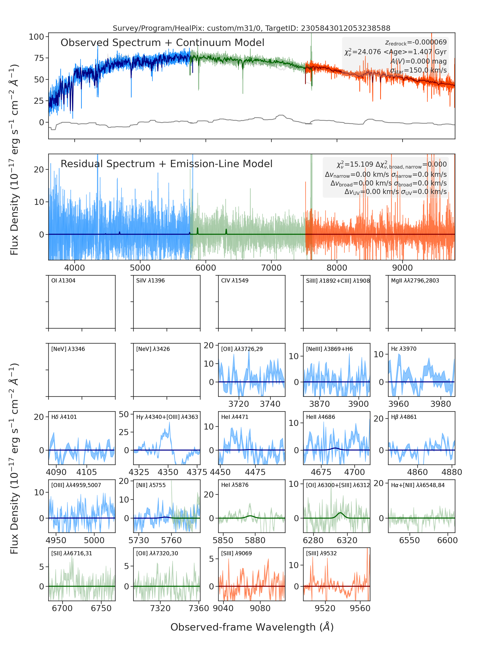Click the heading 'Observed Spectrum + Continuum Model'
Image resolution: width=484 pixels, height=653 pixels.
click(x=162, y=43)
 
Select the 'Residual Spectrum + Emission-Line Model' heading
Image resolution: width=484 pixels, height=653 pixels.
click(x=166, y=164)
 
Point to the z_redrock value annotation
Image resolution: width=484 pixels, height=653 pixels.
click(x=416, y=43)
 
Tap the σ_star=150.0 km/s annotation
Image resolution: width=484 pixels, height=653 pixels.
click(x=418, y=70)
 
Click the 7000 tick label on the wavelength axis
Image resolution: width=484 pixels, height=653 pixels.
click(x=271, y=268)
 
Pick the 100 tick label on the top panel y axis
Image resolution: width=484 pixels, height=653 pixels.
click(x=36, y=37)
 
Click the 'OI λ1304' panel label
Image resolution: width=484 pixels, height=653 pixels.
click(x=63, y=281)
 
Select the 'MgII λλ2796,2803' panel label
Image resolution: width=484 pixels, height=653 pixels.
click(x=415, y=281)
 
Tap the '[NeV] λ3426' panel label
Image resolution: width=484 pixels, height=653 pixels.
click(x=153, y=349)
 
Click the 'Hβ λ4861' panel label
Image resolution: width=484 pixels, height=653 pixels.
click(x=404, y=417)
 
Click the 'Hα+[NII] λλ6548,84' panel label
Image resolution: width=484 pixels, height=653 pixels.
click(x=418, y=485)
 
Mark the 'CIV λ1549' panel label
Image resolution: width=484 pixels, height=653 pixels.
click(x=235, y=281)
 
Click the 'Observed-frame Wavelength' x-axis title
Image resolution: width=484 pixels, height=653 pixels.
click(x=252, y=627)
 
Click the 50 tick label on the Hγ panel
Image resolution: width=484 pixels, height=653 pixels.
click(x=124, y=414)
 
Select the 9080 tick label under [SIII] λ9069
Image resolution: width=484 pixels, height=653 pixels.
click(x=260, y=608)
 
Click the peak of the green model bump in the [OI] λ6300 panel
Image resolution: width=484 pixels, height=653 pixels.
click(x=340, y=513)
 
